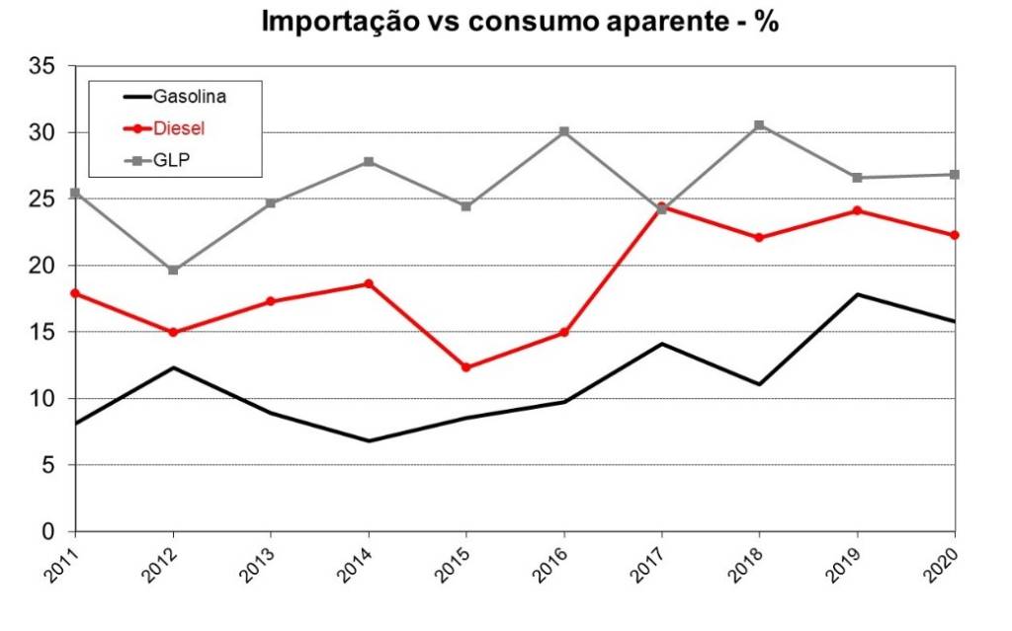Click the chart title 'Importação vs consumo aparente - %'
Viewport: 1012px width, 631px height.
[520, 23]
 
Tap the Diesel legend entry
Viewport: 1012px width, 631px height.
[179, 128]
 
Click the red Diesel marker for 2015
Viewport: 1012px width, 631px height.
[465, 367]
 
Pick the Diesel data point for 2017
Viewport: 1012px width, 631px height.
[661, 207]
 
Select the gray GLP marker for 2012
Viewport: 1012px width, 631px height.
[173, 270]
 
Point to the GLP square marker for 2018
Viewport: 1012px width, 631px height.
[759, 125]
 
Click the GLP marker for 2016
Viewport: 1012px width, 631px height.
[563, 131]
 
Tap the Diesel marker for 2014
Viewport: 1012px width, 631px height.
[369, 283]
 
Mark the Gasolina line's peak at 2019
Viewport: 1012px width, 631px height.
[857, 294]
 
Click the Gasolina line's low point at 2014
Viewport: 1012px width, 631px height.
[369, 440]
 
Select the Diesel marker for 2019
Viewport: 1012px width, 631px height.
[857, 210]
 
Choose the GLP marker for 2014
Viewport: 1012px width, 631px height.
[369, 161]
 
